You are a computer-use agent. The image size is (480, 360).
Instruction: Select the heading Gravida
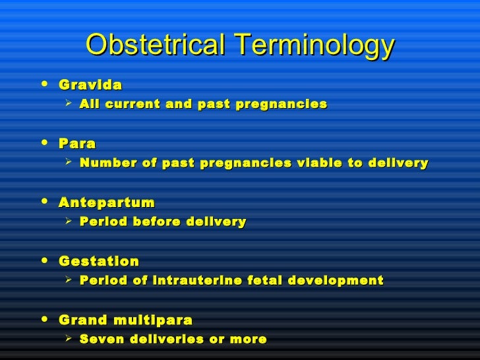pyautogui.click(x=90, y=85)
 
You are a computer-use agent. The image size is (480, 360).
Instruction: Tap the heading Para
pyautogui.click(x=77, y=143)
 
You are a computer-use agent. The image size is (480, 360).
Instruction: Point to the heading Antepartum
pyautogui.click(x=107, y=202)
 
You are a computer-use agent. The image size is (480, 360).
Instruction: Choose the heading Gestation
pyautogui.click(x=99, y=262)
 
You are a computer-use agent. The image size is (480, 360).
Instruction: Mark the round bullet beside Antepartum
pyautogui.click(x=44, y=201)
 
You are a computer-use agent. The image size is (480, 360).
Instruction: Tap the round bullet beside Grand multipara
pyautogui.click(x=44, y=320)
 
